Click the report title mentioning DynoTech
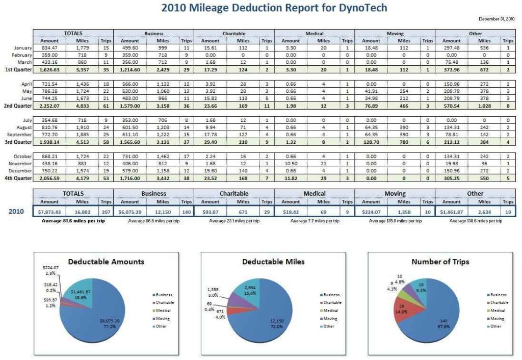tap(274, 8)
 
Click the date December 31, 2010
tap(497, 19)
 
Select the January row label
tap(23, 48)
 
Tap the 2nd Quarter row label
tap(18, 106)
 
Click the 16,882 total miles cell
tap(83, 211)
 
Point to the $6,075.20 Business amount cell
tap(130, 211)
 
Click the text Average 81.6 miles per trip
tap(73, 221)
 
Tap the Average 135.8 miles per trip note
tap(395, 221)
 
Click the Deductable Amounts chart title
tap(106, 262)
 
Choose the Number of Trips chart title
tap(440, 262)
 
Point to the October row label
tap(23, 156)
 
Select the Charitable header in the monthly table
tap(234, 33)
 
